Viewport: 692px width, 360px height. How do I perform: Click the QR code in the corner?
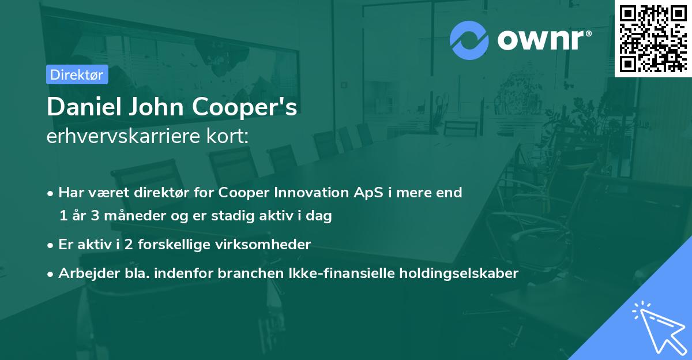click(x=653, y=38)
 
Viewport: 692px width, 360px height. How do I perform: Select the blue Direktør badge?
click(x=77, y=74)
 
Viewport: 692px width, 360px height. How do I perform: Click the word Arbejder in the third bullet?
click(x=84, y=273)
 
